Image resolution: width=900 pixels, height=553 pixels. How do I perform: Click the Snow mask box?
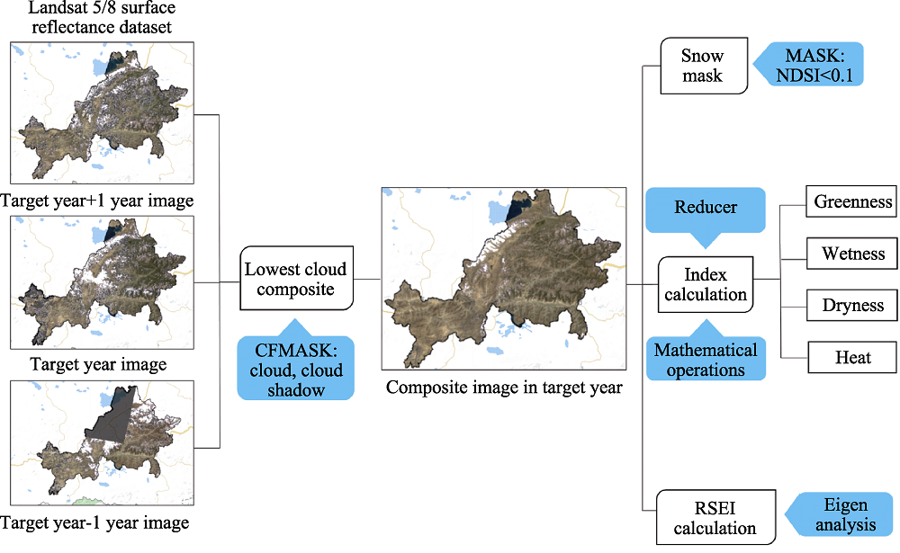705,66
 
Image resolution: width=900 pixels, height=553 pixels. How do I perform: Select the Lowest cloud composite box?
296,278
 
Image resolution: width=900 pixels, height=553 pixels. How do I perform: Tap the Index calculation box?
706,284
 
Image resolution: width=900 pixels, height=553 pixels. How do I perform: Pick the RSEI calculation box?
715,517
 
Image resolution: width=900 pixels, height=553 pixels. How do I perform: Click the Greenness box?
851,201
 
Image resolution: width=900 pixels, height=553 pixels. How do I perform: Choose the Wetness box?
851,254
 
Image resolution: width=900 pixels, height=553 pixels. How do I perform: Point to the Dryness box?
851,305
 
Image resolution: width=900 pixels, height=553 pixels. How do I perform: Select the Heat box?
852,357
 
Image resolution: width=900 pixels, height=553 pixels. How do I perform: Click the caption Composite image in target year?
504,388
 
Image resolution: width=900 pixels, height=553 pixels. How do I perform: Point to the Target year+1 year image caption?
97,201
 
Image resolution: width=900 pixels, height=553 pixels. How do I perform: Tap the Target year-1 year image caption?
95,522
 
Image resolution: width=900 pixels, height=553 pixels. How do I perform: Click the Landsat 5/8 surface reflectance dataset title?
102,17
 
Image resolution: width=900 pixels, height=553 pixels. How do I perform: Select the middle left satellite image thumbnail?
103,282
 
